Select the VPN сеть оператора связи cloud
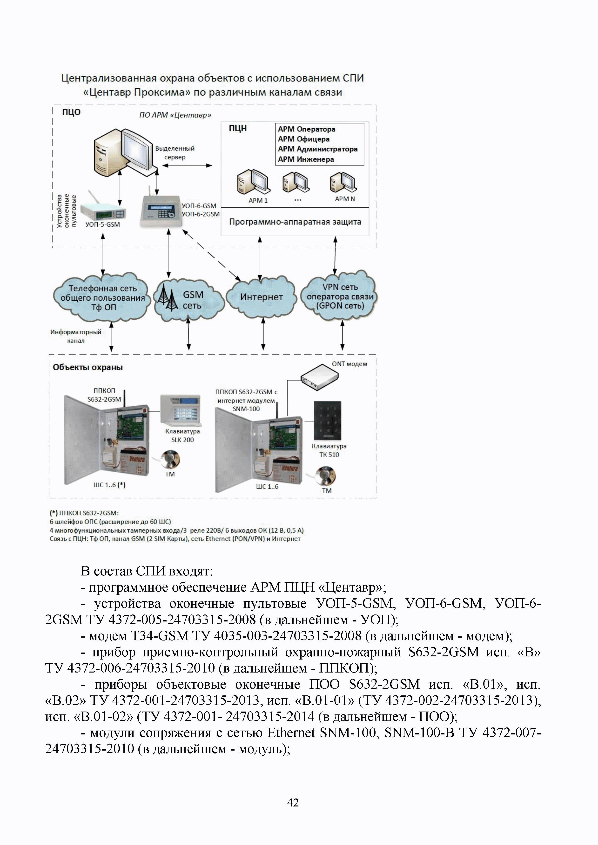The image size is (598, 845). click(340, 296)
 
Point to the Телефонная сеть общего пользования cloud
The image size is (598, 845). click(102, 297)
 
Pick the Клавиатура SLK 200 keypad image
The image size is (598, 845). click(181, 409)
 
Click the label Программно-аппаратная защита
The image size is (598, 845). click(295, 222)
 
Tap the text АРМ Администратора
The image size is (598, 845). click(317, 149)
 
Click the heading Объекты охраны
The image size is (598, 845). click(88, 367)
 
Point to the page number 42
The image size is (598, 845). click(293, 803)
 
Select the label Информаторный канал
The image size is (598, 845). click(76, 336)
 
